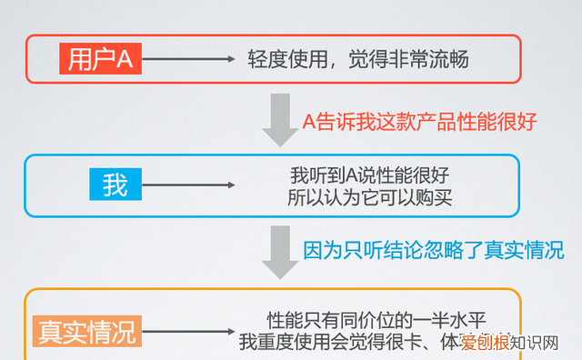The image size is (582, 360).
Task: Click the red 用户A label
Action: [100, 60]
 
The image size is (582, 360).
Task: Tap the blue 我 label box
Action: [115, 185]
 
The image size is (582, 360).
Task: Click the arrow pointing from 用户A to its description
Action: [188, 60]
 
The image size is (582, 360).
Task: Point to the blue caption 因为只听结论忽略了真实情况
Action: [433, 250]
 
